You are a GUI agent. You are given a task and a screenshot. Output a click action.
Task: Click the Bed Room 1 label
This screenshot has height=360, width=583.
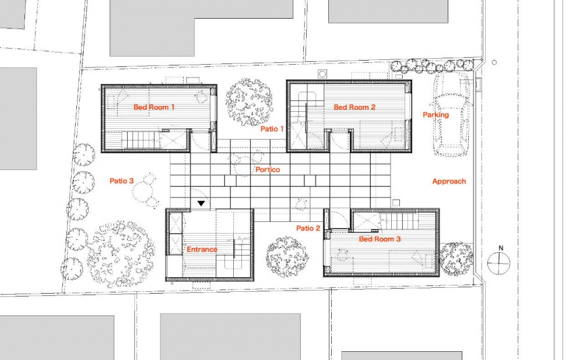154,107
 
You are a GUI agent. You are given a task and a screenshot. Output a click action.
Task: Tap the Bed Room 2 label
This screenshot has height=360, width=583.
354,107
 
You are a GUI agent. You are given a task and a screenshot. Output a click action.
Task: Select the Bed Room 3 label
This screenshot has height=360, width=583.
380,239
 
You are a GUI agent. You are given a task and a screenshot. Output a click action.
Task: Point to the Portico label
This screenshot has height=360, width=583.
268,170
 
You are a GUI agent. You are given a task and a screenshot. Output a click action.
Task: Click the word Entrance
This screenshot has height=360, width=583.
202,249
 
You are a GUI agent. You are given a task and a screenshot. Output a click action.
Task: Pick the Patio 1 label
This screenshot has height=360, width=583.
272,129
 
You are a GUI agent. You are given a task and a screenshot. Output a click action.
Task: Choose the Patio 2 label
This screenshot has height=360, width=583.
308,228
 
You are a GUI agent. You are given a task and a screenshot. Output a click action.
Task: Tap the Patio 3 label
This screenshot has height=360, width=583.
121,181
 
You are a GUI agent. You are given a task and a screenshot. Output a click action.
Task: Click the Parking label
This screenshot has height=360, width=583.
436,115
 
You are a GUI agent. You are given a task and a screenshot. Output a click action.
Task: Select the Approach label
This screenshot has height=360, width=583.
449,181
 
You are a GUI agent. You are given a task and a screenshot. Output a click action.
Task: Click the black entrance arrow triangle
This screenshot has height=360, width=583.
201,203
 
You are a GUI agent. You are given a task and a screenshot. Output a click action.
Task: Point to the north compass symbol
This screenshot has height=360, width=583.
498,263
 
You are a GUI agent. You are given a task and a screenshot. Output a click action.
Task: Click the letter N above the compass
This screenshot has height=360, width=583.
501,248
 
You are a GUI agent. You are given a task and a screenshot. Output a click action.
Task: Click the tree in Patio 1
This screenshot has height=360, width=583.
248,102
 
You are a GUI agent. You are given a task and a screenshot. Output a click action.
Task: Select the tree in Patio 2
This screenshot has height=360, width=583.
287,257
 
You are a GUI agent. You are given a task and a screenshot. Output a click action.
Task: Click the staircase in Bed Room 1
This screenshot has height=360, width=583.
138,140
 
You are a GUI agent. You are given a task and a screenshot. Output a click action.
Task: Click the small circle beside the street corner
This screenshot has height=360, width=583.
494,62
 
